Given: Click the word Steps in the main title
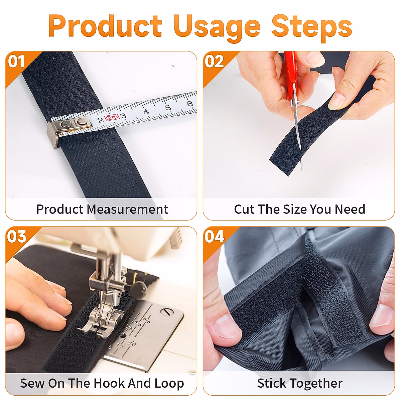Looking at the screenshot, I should coord(311,26).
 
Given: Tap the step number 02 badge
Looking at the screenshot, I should coord(214,62).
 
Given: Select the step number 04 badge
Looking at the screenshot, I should coord(214,237).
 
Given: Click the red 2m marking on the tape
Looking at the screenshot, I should coord(112,117).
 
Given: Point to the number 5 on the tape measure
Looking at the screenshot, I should coord(168,108).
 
